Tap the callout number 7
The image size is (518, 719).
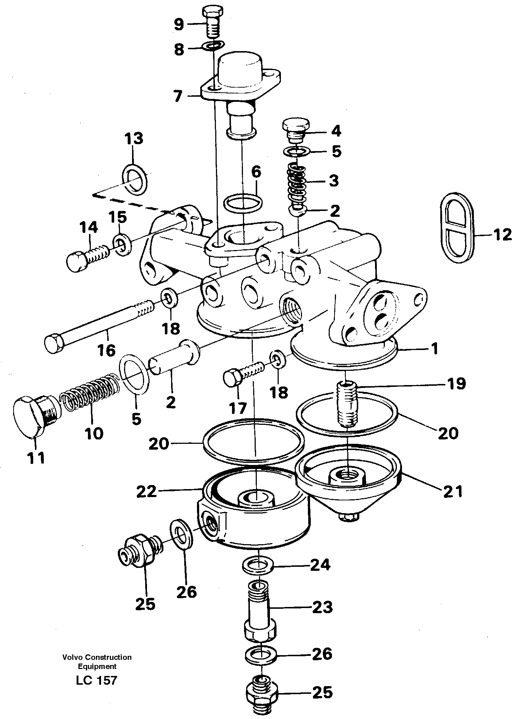(178, 97)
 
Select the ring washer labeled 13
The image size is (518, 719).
(136, 180)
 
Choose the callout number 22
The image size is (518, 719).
(147, 492)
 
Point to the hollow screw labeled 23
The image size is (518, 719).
(260, 609)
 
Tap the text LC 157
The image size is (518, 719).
(97, 680)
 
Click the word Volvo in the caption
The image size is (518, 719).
(71, 657)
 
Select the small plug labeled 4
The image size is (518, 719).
(296, 130)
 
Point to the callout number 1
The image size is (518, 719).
(434, 349)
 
